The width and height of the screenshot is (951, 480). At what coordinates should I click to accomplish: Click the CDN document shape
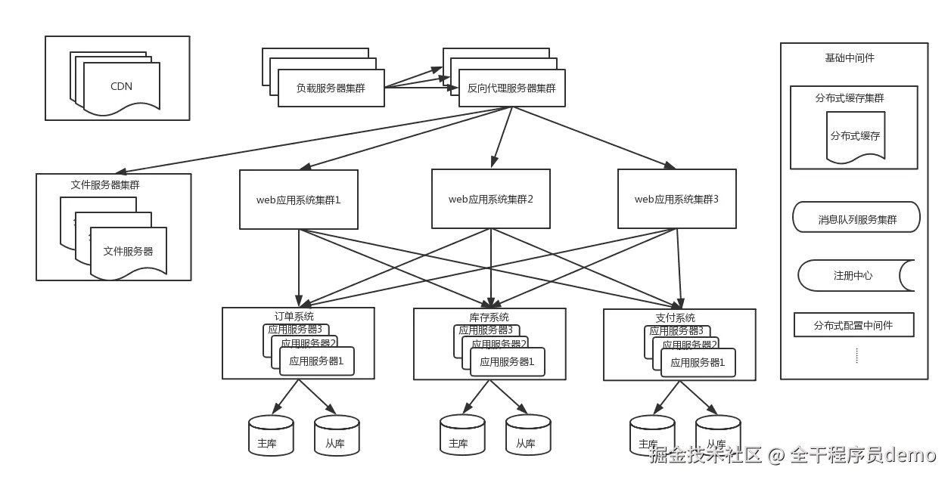121,86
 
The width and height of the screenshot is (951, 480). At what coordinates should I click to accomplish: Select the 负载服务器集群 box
331,88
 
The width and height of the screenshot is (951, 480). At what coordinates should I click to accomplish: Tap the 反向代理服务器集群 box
511,88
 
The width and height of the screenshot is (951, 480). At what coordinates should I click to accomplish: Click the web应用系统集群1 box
298,200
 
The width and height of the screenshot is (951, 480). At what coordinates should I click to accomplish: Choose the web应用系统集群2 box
490,200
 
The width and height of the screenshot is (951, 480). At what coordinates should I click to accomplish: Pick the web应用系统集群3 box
676,200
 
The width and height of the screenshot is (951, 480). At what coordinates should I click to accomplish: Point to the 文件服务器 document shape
128,251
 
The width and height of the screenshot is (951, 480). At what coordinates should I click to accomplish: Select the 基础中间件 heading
850,58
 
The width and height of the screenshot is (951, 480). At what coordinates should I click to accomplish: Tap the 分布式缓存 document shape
855,137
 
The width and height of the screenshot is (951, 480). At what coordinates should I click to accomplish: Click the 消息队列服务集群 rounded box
856,220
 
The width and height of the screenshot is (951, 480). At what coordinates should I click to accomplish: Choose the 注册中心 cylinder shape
853,276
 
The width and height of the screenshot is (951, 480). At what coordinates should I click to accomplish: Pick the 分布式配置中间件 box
853,325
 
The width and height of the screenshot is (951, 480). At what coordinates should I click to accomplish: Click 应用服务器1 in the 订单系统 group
316,361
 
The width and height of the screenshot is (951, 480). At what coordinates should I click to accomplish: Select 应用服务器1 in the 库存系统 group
507,361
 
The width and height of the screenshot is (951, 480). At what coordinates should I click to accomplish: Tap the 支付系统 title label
675,317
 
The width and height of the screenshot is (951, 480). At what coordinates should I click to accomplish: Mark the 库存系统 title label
484,317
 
